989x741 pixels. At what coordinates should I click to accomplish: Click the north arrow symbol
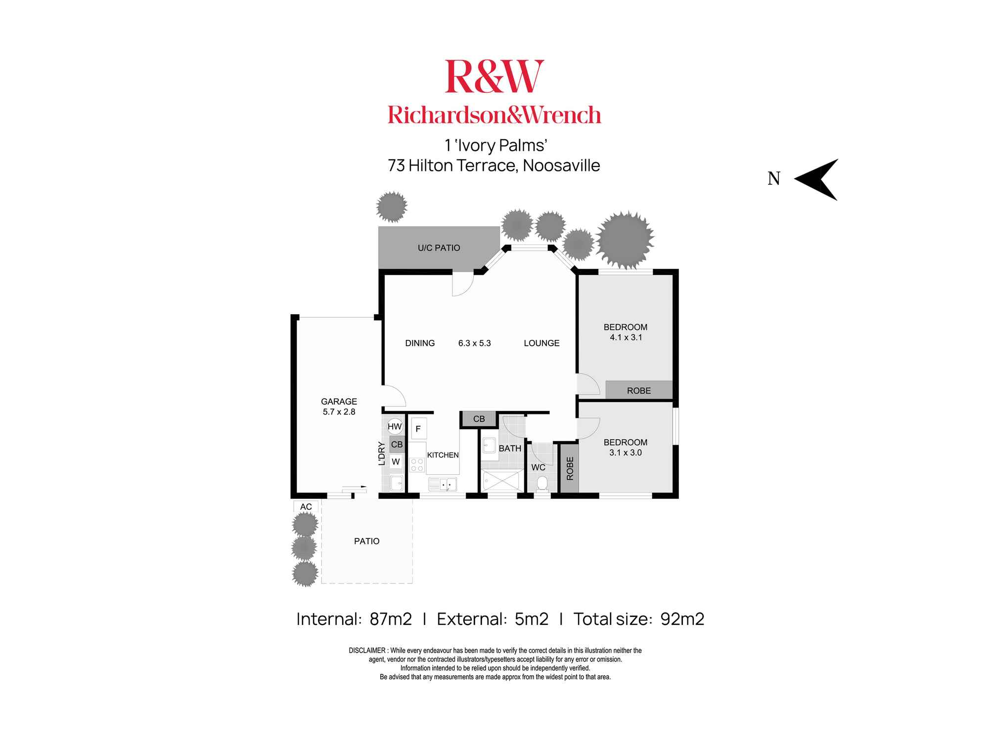tap(818, 179)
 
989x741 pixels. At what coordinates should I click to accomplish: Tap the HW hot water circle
tap(395, 427)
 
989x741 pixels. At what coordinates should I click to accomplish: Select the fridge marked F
tap(418, 429)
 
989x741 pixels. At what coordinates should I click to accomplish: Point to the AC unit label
tap(306, 507)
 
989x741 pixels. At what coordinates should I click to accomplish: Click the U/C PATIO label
tap(439, 248)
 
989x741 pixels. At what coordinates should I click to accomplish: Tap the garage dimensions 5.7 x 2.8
tap(339, 412)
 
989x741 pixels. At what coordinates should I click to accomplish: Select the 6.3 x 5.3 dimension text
tap(474, 343)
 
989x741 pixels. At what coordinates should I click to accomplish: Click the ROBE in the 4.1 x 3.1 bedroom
tap(638, 390)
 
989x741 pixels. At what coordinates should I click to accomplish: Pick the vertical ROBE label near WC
tap(570, 468)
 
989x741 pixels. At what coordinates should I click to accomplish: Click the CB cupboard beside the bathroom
tap(479, 419)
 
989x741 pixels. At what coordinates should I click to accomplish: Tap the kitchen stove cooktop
tap(417, 465)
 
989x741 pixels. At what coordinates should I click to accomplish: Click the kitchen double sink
tap(443, 484)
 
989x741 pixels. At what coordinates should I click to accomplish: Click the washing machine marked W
tap(396, 462)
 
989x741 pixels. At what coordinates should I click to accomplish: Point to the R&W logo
tap(494, 77)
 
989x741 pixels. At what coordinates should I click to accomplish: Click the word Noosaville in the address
tap(561, 165)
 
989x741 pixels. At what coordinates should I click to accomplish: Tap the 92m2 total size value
tap(682, 619)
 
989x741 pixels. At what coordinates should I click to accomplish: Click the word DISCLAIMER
tap(367, 651)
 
